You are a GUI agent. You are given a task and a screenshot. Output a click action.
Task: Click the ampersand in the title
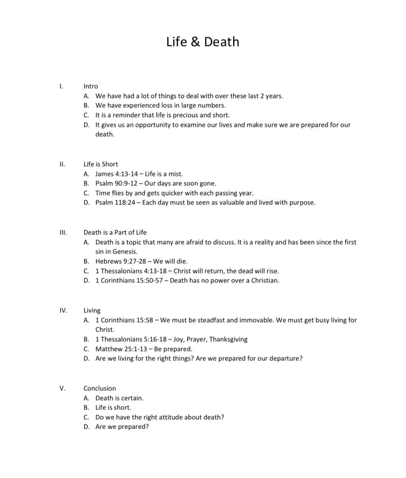click(196, 42)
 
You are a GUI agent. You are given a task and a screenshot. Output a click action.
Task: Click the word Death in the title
click(221, 42)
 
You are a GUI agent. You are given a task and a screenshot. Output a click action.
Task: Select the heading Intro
click(91, 86)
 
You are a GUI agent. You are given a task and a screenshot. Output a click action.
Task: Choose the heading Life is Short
click(100, 164)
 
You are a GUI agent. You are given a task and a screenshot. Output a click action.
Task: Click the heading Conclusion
click(100, 388)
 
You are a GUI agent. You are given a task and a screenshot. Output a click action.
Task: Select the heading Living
click(92, 310)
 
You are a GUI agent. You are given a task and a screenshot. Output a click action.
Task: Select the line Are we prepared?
click(122, 427)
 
